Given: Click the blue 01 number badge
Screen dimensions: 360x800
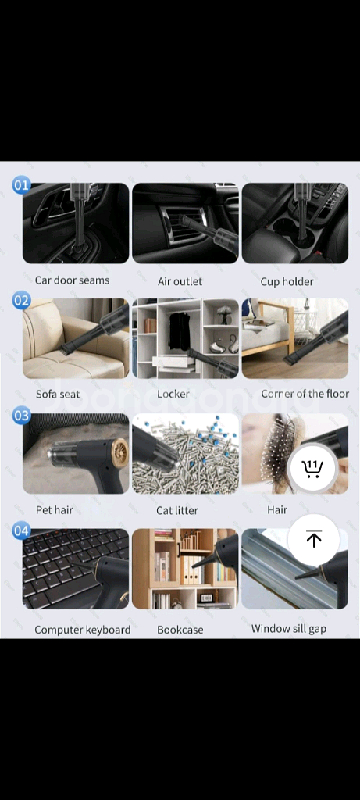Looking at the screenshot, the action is [x=21, y=185].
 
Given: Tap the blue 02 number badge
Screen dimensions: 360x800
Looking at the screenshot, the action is [x=21, y=301].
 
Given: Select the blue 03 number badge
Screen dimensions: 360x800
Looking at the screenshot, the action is [x=21, y=416].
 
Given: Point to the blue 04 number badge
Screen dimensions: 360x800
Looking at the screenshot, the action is [x=21, y=531].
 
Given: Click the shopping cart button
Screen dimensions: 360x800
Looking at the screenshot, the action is [x=312, y=468].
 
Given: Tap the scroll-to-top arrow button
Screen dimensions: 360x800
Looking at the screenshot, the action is [x=314, y=539].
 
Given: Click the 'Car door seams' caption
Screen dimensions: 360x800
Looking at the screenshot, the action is [x=72, y=280].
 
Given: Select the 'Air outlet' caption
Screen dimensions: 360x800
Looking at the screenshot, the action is [x=180, y=281].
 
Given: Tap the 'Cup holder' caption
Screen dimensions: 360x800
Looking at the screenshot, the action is [x=287, y=281].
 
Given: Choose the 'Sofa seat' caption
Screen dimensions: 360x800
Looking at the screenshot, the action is [x=58, y=394].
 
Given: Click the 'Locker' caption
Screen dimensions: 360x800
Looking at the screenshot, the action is [x=173, y=394].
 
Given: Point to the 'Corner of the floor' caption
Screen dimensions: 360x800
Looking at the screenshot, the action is [x=305, y=394].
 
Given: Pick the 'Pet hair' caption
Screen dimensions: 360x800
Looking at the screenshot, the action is [x=54, y=509].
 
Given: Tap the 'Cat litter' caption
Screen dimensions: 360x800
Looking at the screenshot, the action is [x=177, y=510].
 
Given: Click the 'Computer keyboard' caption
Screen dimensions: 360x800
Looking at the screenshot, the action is [x=83, y=630].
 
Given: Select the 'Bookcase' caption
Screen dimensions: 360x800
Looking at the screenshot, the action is [x=180, y=630].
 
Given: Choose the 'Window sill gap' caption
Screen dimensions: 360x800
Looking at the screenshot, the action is [x=289, y=629].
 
